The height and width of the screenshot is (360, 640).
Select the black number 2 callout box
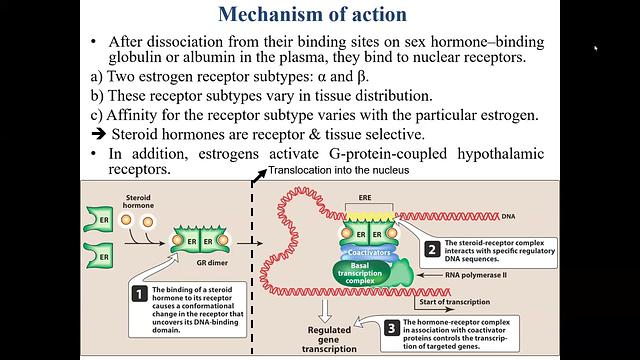tap(431, 250)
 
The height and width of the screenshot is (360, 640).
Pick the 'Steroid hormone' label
tap(139, 203)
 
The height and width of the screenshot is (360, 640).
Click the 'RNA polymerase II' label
tap(474, 274)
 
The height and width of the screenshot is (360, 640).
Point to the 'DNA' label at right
tap(537, 216)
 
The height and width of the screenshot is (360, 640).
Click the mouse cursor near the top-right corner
tap(595, 47)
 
